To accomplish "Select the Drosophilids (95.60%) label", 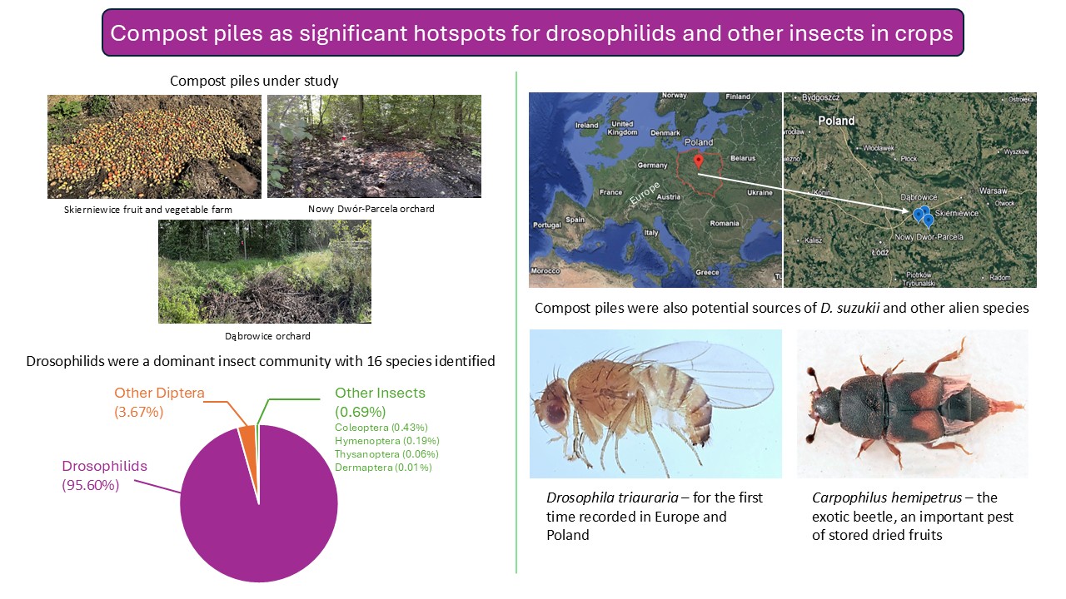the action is coord(105,475).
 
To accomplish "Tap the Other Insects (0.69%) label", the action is coord(380,402).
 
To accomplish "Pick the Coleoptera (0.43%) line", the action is coord(381,428).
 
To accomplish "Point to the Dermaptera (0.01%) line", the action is coord(383,468).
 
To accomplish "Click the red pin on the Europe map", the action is coord(698,161).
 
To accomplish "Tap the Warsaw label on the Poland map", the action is coord(993,191).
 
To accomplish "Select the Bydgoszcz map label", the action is coord(820,97).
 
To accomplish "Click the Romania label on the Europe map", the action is coord(725,224).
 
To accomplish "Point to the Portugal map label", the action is coord(547,225).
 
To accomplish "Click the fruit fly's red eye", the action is coord(555,412).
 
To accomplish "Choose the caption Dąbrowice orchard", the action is coord(267,336).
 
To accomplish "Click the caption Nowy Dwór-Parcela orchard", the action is coord(371,209).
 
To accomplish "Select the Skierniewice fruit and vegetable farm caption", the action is coord(148,210).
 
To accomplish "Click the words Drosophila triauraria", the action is coord(612,498).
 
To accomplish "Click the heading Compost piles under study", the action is coord(254,81).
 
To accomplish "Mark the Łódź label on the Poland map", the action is coord(880,252).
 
